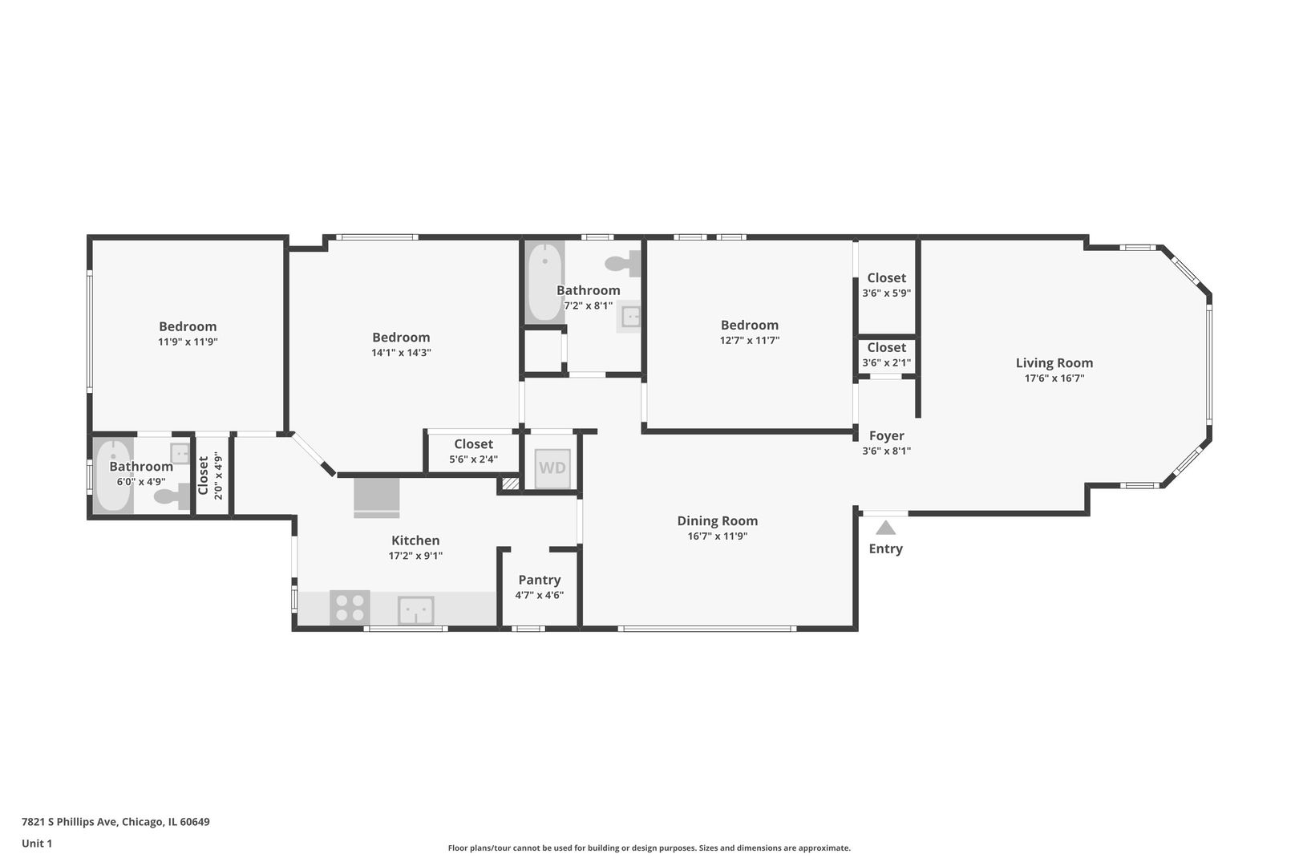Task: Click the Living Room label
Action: [1054, 363]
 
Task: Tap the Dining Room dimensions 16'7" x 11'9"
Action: [718, 536]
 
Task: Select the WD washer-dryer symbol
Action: [552, 468]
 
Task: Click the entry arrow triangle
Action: [885, 528]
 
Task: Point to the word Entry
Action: [885, 548]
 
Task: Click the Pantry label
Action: [540, 580]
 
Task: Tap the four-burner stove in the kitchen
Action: [350, 607]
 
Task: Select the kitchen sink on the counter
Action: [416, 610]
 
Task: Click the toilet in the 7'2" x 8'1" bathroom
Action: [623, 264]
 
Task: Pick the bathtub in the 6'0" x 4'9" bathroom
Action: [113, 475]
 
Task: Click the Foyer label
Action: [887, 435]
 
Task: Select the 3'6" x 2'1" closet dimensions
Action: [887, 363]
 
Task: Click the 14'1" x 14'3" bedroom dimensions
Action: [401, 353]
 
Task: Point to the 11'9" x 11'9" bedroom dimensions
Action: [188, 342]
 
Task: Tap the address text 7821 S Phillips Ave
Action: [71, 822]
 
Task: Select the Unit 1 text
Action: [37, 844]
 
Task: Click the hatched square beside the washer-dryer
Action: [510, 484]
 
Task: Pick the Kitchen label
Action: [415, 540]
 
